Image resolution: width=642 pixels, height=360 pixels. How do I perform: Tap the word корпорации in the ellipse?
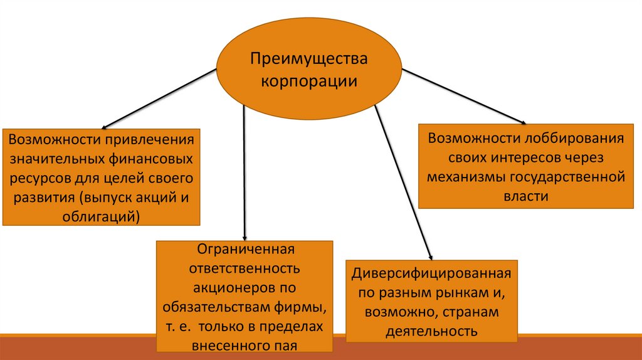click(x=310, y=82)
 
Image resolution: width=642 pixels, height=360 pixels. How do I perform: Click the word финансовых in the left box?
click(x=155, y=158)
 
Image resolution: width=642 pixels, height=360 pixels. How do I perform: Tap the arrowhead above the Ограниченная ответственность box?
click(x=244, y=236)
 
